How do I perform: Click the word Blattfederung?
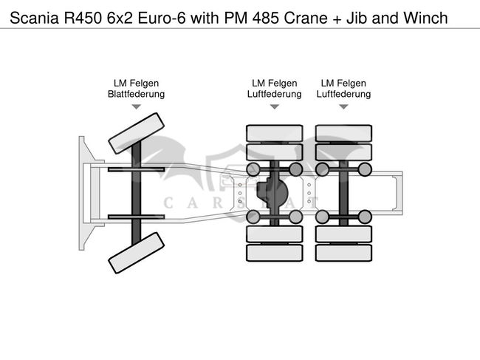point(136,94)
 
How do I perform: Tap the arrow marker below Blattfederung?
point(136,107)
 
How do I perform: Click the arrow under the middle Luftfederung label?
point(274,107)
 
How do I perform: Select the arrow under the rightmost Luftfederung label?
point(343,107)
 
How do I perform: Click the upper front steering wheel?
point(136,132)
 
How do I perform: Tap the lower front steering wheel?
point(136,252)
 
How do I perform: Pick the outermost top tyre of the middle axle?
point(274,133)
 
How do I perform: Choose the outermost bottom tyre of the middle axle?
point(274,253)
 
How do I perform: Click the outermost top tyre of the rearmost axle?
point(343,133)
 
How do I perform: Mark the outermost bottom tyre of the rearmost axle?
point(343,253)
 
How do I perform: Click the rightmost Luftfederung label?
point(343,94)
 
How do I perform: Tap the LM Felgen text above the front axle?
point(136,83)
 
